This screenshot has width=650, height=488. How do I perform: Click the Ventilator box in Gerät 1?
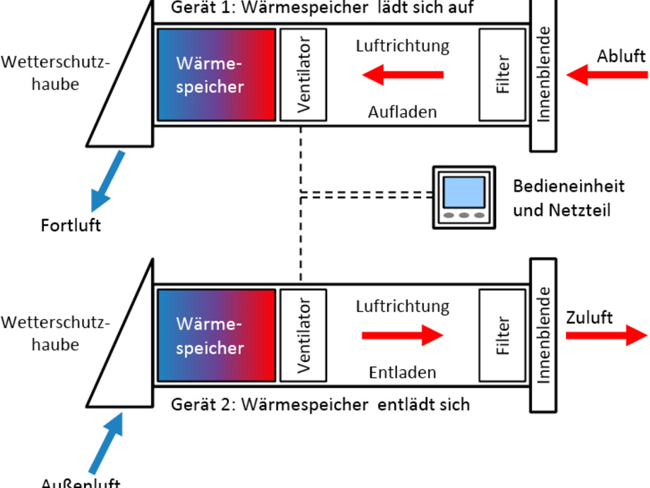click(x=304, y=75)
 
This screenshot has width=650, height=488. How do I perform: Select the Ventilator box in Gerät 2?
click(x=304, y=335)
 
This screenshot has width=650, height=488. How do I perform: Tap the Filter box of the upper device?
click(x=502, y=75)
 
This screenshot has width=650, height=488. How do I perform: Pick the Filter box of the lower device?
click(x=502, y=335)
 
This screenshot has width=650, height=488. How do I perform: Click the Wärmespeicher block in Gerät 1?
click(x=216, y=75)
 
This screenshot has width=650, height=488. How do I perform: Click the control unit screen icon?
click(x=463, y=196)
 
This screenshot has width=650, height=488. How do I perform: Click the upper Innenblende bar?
click(x=543, y=74)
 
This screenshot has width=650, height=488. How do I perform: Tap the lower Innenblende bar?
click(x=543, y=335)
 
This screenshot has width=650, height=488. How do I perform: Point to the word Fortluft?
click(x=70, y=226)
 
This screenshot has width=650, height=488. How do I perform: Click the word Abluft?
click(x=620, y=57)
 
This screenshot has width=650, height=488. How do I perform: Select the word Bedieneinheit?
click(x=569, y=187)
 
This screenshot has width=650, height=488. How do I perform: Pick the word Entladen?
click(x=402, y=372)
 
